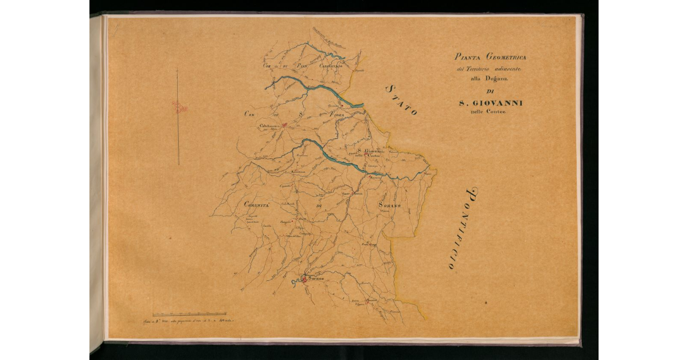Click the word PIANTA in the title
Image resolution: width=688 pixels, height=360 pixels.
pos(468,57)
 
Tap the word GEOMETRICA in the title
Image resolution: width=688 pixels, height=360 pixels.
pos(509,57)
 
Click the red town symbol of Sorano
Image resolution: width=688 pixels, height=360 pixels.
pos(305,280)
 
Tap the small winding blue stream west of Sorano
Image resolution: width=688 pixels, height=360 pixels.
pos(296,282)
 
